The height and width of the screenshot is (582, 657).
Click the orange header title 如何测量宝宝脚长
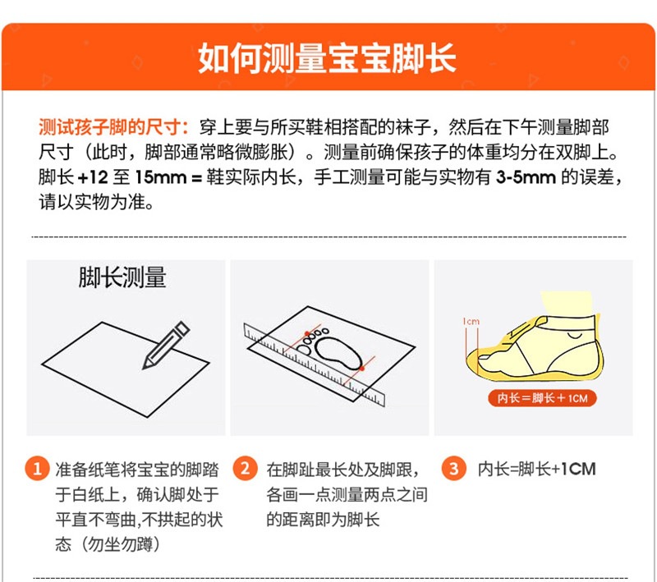(x=327, y=57)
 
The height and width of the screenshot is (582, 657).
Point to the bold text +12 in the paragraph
(x=93, y=177)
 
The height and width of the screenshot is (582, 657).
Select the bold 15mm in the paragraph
(x=160, y=177)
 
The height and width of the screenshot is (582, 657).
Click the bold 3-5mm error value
(x=526, y=177)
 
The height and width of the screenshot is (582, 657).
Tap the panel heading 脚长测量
(x=122, y=277)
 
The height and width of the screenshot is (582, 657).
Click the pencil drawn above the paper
(x=166, y=345)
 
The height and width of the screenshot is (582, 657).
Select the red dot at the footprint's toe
(x=307, y=334)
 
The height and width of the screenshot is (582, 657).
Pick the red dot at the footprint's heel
(x=362, y=368)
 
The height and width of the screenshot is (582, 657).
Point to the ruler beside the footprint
(x=314, y=364)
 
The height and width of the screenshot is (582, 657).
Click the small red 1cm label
(x=471, y=322)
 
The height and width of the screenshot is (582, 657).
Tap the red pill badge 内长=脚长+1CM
(x=542, y=398)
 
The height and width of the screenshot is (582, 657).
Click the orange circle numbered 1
(x=37, y=468)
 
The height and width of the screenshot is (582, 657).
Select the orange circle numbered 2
(x=245, y=468)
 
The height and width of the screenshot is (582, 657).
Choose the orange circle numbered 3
(x=454, y=468)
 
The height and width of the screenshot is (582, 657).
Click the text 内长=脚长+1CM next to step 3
(x=537, y=469)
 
